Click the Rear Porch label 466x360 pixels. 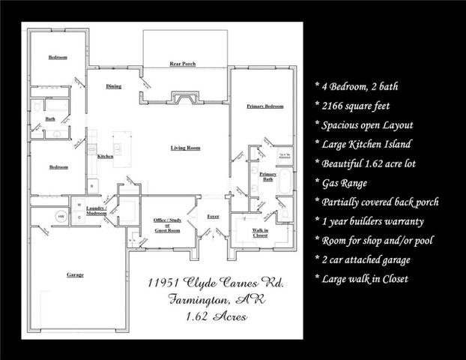(183, 64)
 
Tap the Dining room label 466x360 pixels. (114, 87)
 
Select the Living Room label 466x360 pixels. (185, 148)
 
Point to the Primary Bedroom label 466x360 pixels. (265, 107)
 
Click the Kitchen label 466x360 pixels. (106, 156)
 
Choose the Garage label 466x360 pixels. (75, 275)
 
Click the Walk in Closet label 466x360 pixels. (261, 232)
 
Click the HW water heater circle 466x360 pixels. (61, 216)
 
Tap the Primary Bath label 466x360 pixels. (267, 176)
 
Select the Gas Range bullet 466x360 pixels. (345, 182)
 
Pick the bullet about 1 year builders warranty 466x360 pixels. (372, 221)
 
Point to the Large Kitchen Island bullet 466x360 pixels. (365, 144)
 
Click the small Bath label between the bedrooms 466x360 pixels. (50, 119)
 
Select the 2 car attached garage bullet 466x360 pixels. (368, 260)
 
